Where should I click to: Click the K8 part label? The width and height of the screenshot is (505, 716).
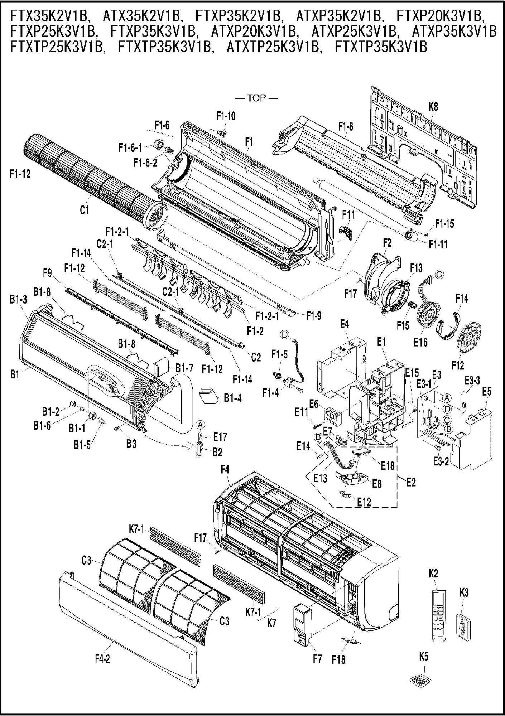(x=433, y=107)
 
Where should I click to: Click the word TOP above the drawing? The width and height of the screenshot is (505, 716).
(x=256, y=98)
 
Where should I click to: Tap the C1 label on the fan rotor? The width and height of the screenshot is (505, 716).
(x=84, y=211)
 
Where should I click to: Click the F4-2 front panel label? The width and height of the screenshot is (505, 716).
(x=102, y=659)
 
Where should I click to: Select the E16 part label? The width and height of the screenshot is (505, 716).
(x=420, y=342)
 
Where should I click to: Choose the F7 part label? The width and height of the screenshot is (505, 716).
(x=317, y=659)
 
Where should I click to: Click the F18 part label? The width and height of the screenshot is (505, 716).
(x=338, y=659)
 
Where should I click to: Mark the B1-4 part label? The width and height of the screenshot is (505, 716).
(x=233, y=398)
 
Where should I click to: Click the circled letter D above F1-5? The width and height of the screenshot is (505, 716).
(x=284, y=334)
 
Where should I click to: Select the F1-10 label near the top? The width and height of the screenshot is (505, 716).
(x=226, y=116)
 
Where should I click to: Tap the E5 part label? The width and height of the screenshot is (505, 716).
(x=486, y=392)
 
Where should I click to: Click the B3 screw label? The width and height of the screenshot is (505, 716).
(x=131, y=444)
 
